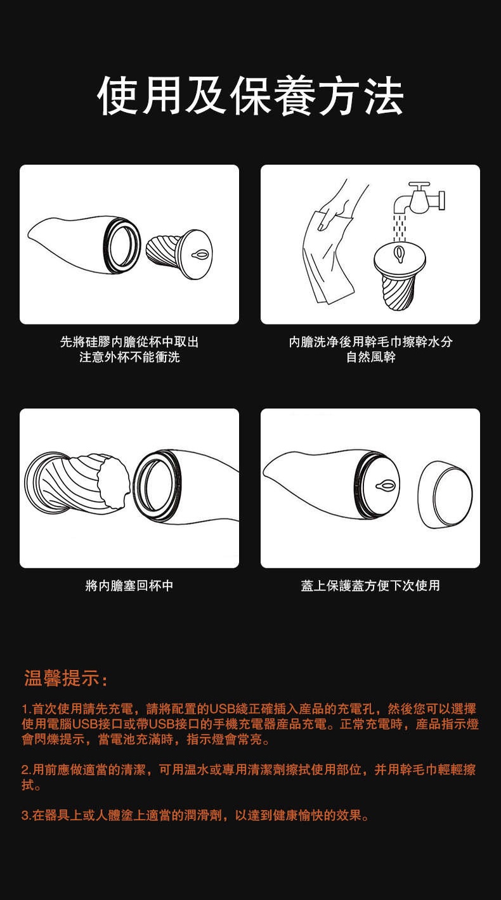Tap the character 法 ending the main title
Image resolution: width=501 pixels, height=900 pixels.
384,96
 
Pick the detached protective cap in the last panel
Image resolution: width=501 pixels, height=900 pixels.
445,494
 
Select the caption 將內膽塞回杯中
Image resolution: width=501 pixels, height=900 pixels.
129,586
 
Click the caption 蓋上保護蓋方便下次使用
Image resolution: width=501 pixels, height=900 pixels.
370,586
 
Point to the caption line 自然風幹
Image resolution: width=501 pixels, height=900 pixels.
371,357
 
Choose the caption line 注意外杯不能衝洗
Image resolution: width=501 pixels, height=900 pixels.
129,357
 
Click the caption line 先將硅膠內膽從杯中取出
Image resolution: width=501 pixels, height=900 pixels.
129,342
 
